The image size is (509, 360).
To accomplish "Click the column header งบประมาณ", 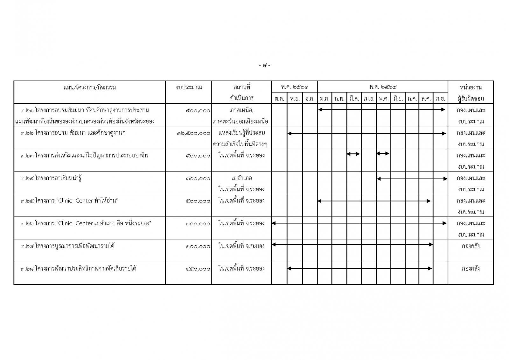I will click(189, 87).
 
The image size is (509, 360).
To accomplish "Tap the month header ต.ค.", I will click(279, 99).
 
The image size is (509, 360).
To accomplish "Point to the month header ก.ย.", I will click(440, 99).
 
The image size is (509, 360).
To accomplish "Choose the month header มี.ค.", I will click(354, 99).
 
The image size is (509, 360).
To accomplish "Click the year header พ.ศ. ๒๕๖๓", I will click(294, 87).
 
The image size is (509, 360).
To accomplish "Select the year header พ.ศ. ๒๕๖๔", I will click(383, 87).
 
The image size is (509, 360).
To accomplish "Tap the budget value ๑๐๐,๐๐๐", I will click(198, 246).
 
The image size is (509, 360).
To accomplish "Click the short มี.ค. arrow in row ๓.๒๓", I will click(353, 154).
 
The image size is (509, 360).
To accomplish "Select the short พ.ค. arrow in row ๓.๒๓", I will click(383, 154).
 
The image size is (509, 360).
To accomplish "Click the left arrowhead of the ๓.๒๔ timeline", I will click(379, 179).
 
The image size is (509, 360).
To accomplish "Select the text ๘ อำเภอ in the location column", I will click(241, 178).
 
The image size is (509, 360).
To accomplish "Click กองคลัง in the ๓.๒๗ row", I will click(471, 246).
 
